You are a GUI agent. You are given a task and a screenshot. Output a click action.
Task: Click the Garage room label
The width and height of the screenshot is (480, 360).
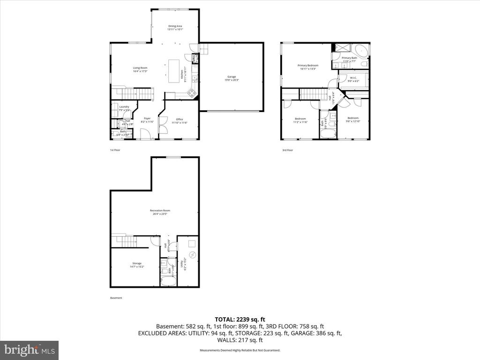232,78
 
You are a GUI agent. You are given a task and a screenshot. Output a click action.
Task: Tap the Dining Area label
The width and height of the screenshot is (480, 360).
175,28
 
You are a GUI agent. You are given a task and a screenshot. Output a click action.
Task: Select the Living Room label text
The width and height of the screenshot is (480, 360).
140,69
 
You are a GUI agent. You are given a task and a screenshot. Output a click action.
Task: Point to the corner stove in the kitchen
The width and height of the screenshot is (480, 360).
192,93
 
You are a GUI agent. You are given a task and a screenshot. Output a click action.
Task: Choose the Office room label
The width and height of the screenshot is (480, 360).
179,120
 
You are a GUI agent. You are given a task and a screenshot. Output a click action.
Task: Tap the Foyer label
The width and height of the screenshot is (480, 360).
147,120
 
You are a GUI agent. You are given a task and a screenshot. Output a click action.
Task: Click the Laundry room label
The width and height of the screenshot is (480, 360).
124,108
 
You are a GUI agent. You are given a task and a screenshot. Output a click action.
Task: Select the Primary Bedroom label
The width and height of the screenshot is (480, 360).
308,67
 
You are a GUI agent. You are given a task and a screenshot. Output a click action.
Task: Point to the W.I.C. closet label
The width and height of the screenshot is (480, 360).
354,79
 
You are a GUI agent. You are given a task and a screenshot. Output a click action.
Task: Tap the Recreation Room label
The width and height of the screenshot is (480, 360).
159,212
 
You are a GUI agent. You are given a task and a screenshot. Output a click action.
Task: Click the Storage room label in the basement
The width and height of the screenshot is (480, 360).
137,265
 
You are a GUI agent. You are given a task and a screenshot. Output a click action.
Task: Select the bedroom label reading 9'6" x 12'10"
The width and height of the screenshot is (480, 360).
353,120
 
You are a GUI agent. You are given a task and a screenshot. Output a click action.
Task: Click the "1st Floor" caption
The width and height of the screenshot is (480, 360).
115,150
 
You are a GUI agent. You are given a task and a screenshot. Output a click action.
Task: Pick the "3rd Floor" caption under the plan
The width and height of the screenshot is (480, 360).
287,150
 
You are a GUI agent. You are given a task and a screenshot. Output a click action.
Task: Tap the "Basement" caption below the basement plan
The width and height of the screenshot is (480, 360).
116,298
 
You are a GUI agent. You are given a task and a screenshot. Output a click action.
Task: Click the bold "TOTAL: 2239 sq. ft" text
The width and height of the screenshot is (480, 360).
240,319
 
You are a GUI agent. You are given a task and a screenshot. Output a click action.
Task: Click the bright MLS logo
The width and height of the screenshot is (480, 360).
29,350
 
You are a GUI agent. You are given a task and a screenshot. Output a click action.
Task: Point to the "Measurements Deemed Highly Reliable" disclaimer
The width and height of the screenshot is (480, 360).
240,350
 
